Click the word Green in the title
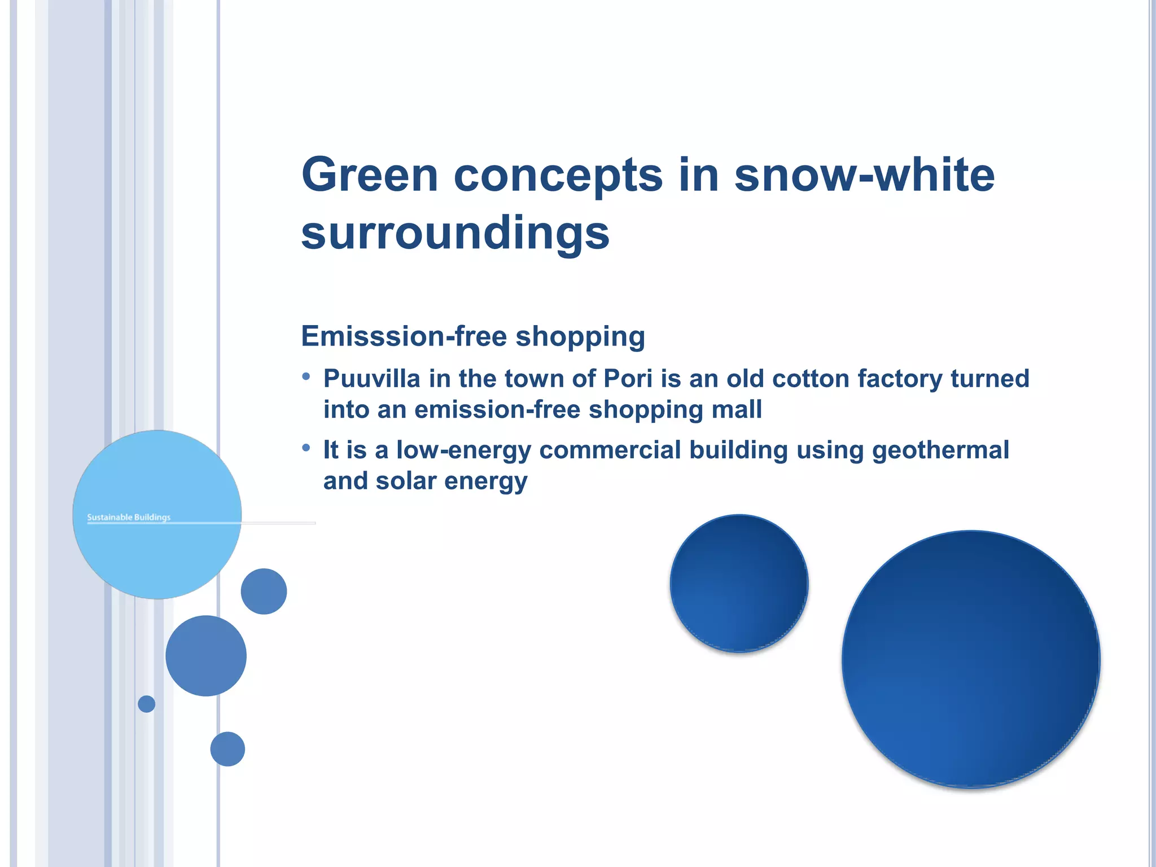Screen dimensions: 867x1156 click(370, 175)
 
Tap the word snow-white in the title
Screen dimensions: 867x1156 click(864, 175)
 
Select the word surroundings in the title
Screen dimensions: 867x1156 click(455, 234)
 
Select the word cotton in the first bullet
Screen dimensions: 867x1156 click(810, 379)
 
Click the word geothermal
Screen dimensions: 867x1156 click(940, 450)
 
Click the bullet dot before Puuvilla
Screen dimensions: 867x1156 click(306, 376)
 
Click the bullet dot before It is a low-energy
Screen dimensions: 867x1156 click(306, 448)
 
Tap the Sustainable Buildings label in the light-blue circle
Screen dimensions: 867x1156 click(129, 517)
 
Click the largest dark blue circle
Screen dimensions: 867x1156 click(970, 659)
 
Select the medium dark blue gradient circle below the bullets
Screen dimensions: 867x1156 click(739, 583)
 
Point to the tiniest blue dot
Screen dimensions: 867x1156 click(146, 704)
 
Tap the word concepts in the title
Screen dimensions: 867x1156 click(558, 175)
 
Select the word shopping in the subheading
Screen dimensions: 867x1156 click(580, 336)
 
